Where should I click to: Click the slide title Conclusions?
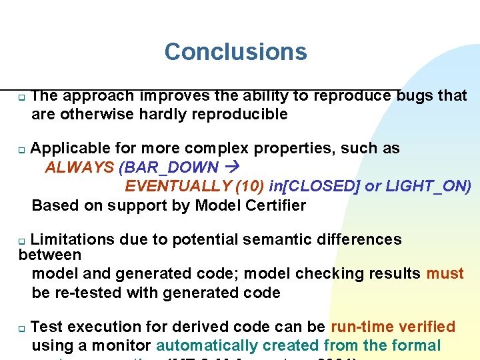tap(235, 51)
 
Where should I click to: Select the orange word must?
tap(445, 273)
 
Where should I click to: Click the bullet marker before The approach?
tap(21, 97)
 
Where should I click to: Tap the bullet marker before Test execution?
tap(21, 329)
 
